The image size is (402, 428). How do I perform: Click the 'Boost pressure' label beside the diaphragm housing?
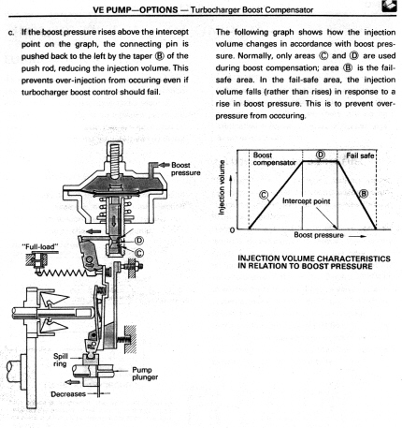pyautogui.click(x=186, y=169)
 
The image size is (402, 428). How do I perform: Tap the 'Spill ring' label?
pyautogui.click(x=60, y=360)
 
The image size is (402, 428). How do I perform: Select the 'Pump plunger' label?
pyautogui.click(x=145, y=374)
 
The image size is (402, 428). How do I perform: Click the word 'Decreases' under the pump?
pyautogui.click(x=68, y=394)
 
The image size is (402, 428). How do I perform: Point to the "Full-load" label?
pyautogui.click(x=40, y=246)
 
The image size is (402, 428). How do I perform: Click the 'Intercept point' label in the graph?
pyautogui.click(x=306, y=201)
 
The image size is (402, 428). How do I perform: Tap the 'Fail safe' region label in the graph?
pyautogui.click(x=360, y=155)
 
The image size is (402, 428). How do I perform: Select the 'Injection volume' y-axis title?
pyautogui.click(x=222, y=187)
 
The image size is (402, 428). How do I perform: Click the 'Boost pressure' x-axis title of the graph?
pyautogui.click(x=319, y=235)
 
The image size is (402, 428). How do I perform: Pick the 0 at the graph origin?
pyautogui.click(x=232, y=230)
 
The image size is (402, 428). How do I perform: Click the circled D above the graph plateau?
pyautogui.click(x=321, y=155)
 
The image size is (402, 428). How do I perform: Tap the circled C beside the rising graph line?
pyautogui.click(x=264, y=195)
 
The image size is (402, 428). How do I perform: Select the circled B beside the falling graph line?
pyautogui.click(x=364, y=194)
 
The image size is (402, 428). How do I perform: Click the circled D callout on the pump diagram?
pyautogui.click(x=139, y=241)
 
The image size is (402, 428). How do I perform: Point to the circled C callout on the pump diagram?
pyautogui.click(x=139, y=253)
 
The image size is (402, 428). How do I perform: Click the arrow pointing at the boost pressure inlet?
pyautogui.click(x=164, y=165)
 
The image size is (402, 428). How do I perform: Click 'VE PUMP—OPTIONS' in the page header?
pyautogui.click(x=136, y=10)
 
